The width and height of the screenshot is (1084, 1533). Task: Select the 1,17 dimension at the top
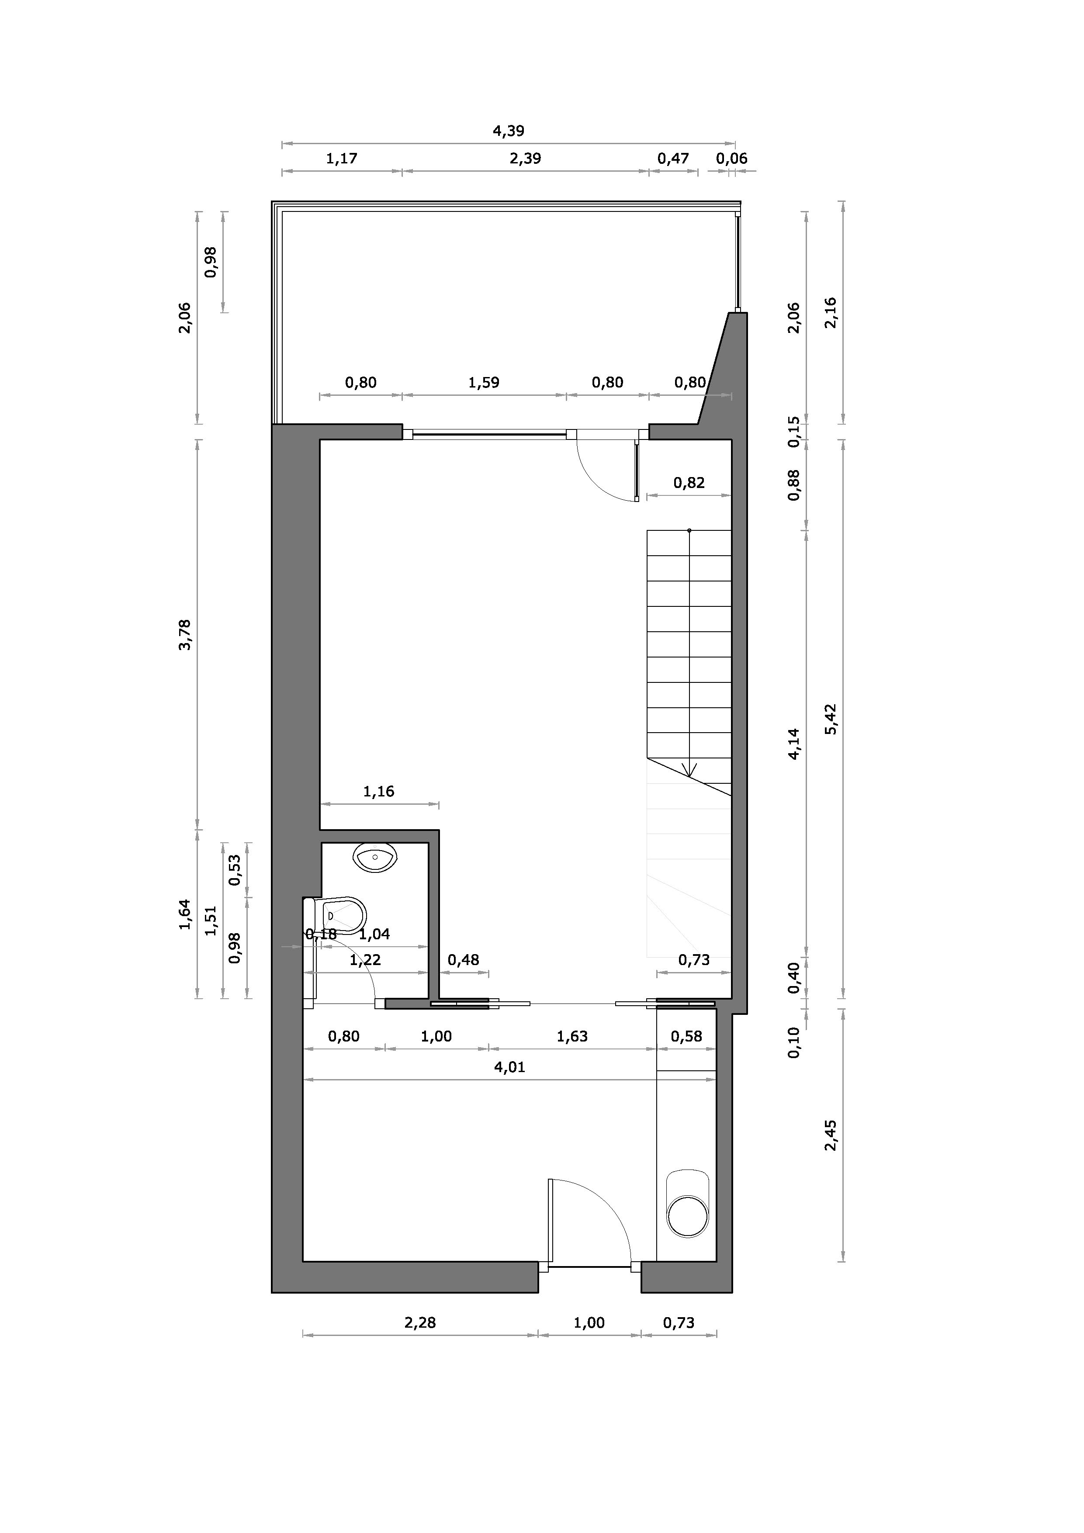pos(341,159)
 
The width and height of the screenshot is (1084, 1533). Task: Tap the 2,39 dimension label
pos(525,159)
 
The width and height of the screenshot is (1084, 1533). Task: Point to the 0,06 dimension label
pos(731,159)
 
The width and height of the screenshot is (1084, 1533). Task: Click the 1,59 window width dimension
pos(484,383)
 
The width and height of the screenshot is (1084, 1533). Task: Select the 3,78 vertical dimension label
pos(185,634)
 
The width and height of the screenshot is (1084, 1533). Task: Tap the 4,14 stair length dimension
pos(793,744)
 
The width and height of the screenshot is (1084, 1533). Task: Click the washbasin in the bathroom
pos(375,857)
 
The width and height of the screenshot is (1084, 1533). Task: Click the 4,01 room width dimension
pos(509,1067)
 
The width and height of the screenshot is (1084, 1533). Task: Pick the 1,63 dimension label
pos(572,1036)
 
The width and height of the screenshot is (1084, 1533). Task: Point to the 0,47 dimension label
pos(673,159)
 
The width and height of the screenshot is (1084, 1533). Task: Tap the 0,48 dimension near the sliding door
pos(464,960)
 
